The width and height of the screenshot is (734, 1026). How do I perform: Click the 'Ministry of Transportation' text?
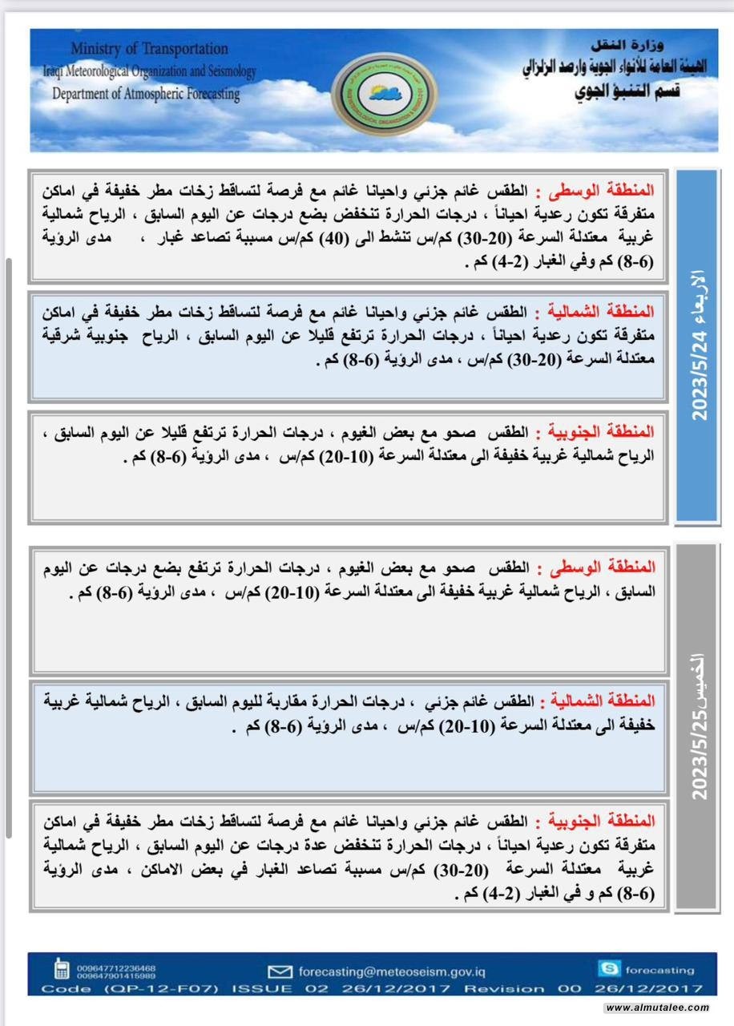149,50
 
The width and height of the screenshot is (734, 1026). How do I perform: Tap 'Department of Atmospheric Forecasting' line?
147,95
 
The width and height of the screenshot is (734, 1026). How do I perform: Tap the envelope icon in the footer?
280,971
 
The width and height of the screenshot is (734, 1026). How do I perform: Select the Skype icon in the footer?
608,968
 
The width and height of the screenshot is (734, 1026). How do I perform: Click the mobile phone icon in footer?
61,970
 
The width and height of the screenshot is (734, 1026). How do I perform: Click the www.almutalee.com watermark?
657,1008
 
